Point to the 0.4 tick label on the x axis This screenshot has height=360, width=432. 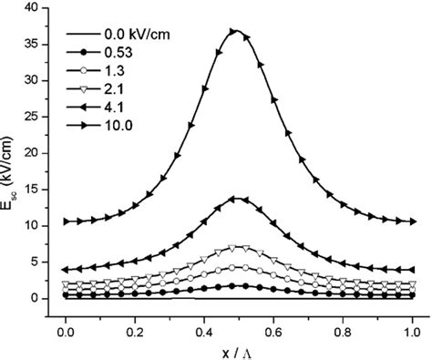click(x=201, y=323)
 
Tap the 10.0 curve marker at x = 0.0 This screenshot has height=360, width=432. click(x=66, y=221)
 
